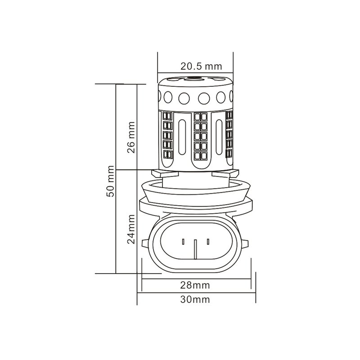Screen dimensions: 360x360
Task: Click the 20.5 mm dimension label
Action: tap(201, 66)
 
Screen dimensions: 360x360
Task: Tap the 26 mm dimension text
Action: tap(131, 137)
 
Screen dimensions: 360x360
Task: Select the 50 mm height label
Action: tap(110, 181)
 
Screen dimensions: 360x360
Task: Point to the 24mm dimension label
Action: tap(131, 229)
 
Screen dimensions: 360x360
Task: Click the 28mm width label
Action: tap(195, 285)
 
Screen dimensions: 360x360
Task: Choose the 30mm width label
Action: tap(195, 299)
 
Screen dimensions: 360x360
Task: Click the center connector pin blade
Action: tap(195, 249)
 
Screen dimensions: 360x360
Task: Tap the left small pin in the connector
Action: tap(183, 242)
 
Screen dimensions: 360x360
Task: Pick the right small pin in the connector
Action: tap(208, 242)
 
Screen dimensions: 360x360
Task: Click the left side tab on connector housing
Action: tap(145, 243)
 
